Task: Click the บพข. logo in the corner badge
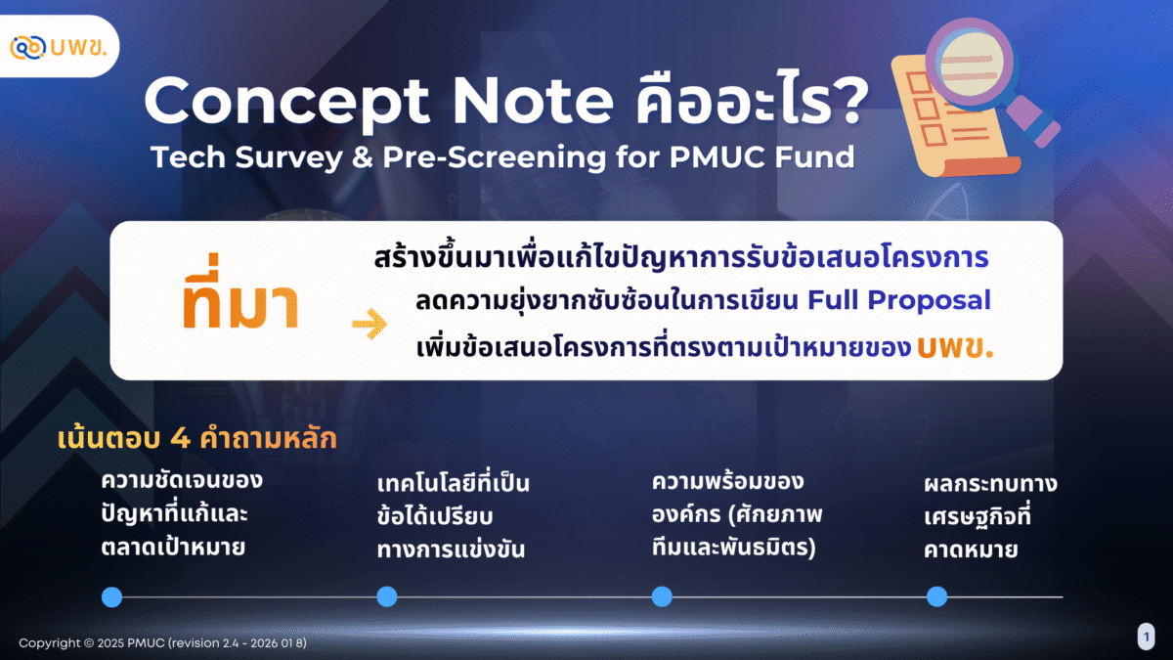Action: (x=58, y=47)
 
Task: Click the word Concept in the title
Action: (x=286, y=102)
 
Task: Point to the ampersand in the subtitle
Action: (x=362, y=157)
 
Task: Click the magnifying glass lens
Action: (x=972, y=64)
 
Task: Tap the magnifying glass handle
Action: (x=1034, y=121)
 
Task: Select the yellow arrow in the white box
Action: (x=369, y=324)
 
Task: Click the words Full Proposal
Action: (x=898, y=301)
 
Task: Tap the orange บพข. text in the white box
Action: (x=955, y=347)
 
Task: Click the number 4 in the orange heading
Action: (x=180, y=438)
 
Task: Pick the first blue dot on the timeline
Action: (x=111, y=596)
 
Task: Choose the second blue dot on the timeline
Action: (x=387, y=596)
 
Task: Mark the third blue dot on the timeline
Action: (x=662, y=596)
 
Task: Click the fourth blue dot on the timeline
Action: (x=936, y=596)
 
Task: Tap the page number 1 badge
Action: (x=1147, y=637)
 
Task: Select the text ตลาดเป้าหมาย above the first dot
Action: (x=173, y=548)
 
